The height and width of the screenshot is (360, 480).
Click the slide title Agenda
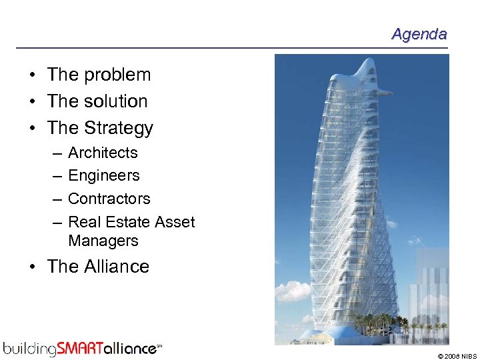[419, 34]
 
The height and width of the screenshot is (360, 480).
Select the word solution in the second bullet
[116, 101]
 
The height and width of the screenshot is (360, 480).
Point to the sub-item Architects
[103, 153]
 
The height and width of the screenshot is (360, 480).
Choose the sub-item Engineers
[104, 176]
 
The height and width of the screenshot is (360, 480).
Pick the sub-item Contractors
[109, 199]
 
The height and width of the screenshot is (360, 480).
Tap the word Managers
[103, 241]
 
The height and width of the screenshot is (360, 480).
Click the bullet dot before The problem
[32, 75]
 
